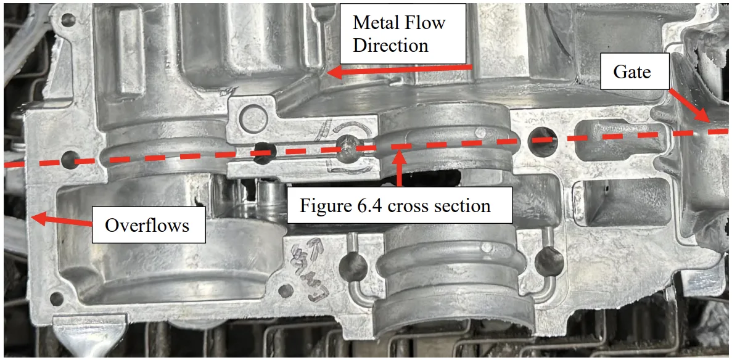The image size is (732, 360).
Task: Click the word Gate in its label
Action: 631,72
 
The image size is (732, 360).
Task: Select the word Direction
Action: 390,45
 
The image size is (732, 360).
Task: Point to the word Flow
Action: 424,23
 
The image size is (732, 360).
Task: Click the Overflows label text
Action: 147,225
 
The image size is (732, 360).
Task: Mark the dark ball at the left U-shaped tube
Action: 353,265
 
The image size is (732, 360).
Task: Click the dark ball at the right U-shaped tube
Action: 549,261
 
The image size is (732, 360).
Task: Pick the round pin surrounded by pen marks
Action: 350,147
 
